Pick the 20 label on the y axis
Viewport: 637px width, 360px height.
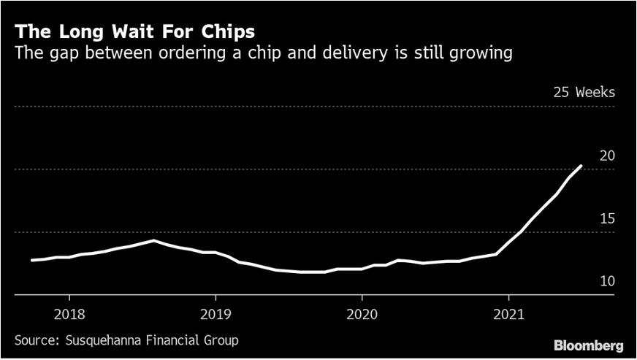coord(607,156)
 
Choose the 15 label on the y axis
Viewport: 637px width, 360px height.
coord(607,219)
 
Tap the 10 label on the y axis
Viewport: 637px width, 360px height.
coord(607,282)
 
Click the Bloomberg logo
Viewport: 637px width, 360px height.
coord(588,344)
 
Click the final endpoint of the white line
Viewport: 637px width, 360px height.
coord(581,166)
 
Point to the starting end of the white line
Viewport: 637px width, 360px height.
coord(31,260)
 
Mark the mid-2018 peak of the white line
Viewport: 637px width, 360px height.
coord(153,240)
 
